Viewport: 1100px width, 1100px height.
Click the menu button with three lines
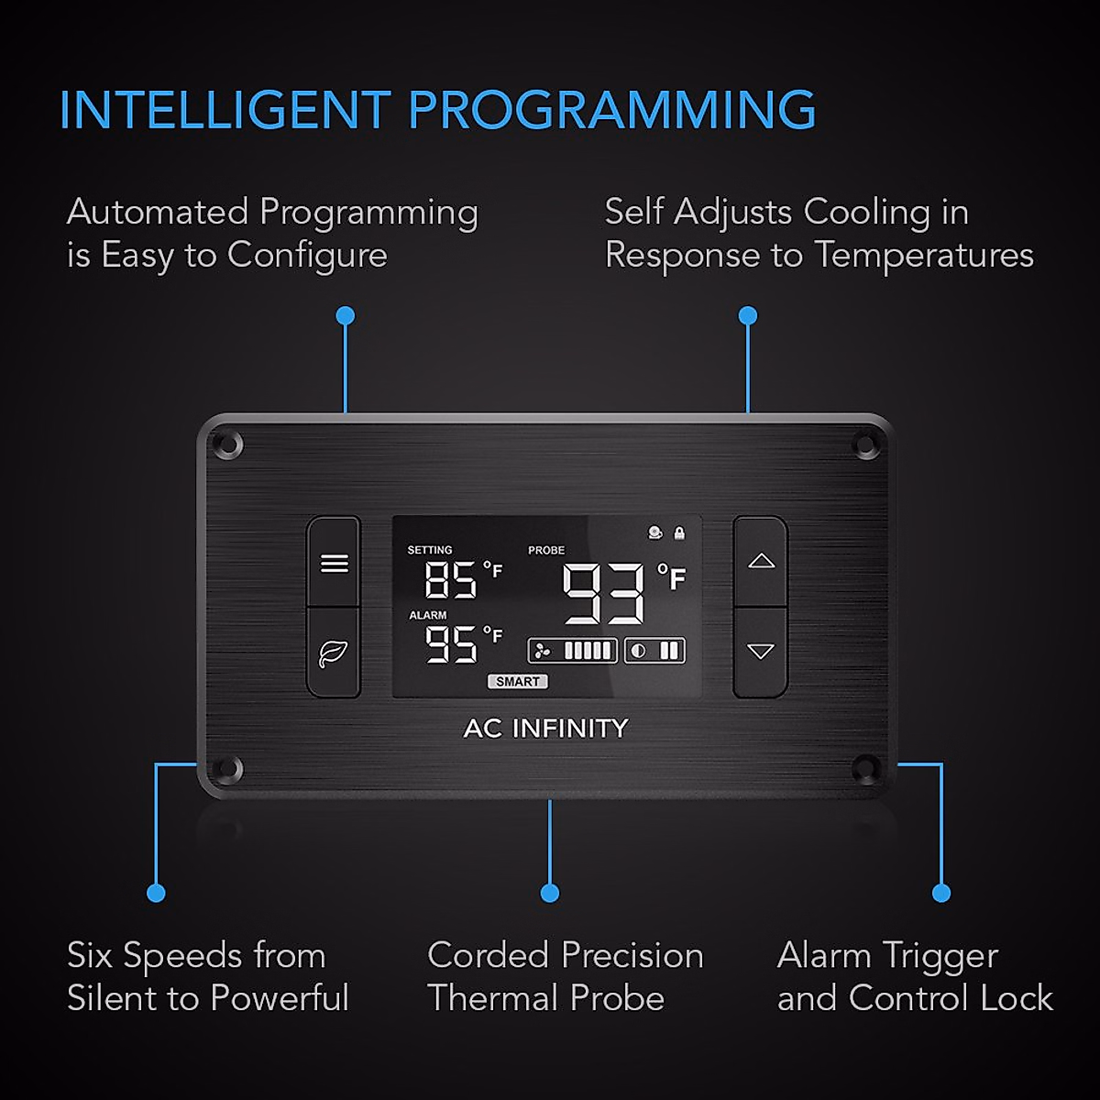coord(334,563)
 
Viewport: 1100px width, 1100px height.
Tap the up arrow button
coord(761,561)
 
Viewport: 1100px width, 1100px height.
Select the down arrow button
coord(761,652)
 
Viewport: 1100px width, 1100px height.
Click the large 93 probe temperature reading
coord(603,594)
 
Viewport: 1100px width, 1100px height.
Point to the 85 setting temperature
coord(451,580)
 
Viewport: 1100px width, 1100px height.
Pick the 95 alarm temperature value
coord(451,644)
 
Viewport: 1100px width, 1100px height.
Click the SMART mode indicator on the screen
coord(517,681)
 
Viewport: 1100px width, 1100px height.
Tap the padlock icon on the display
coord(679,533)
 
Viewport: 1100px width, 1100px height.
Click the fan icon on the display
coord(543,651)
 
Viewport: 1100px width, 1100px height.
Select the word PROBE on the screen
coord(546,550)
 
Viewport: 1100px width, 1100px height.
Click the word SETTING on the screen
coord(430,550)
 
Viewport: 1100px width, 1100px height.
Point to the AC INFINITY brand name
coord(546,728)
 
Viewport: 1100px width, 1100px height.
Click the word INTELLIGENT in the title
coord(225,110)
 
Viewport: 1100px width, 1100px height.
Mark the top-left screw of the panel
coord(226,445)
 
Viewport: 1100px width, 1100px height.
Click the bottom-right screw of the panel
coord(865,768)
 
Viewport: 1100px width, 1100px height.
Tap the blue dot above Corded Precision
coord(550,893)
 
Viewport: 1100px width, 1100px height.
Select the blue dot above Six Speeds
coord(156,893)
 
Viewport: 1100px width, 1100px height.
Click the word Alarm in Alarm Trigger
coord(823,956)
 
